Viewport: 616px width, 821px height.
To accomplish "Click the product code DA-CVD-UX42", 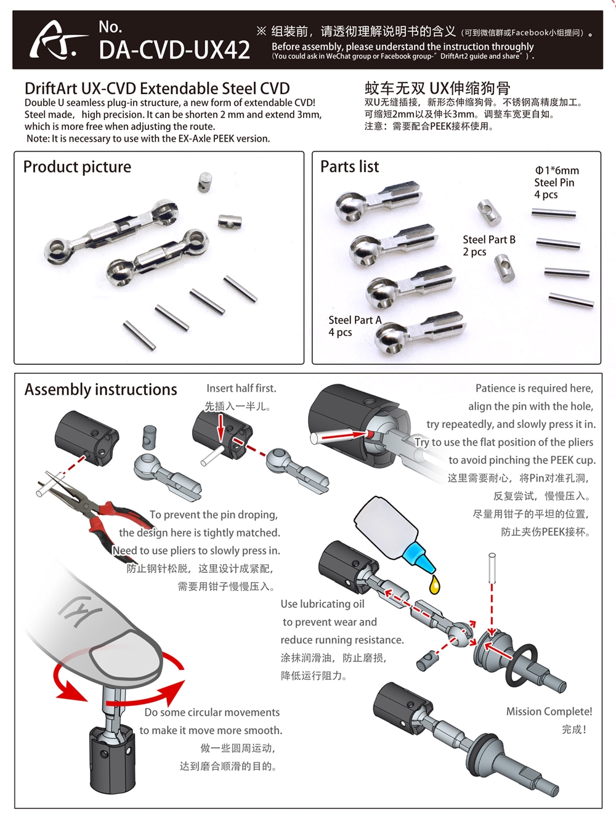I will [x=174, y=49].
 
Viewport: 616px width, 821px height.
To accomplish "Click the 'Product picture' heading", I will [x=77, y=167].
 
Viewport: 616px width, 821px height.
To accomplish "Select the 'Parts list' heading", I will [x=349, y=167].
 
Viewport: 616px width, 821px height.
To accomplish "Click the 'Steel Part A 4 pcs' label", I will [x=354, y=326].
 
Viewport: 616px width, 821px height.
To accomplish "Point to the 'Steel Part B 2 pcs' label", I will [x=488, y=245].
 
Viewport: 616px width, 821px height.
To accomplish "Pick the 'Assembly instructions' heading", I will [x=100, y=390].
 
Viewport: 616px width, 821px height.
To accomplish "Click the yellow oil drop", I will [x=435, y=584].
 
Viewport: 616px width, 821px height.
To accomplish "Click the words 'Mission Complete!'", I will [x=549, y=711].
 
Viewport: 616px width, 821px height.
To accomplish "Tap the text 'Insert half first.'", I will [x=241, y=389].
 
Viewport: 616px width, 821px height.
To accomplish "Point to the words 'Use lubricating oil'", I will [x=322, y=604].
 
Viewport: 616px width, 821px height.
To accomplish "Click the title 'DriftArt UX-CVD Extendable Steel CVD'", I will [x=157, y=89].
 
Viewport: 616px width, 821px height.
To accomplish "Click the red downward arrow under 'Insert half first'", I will [x=220, y=427].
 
